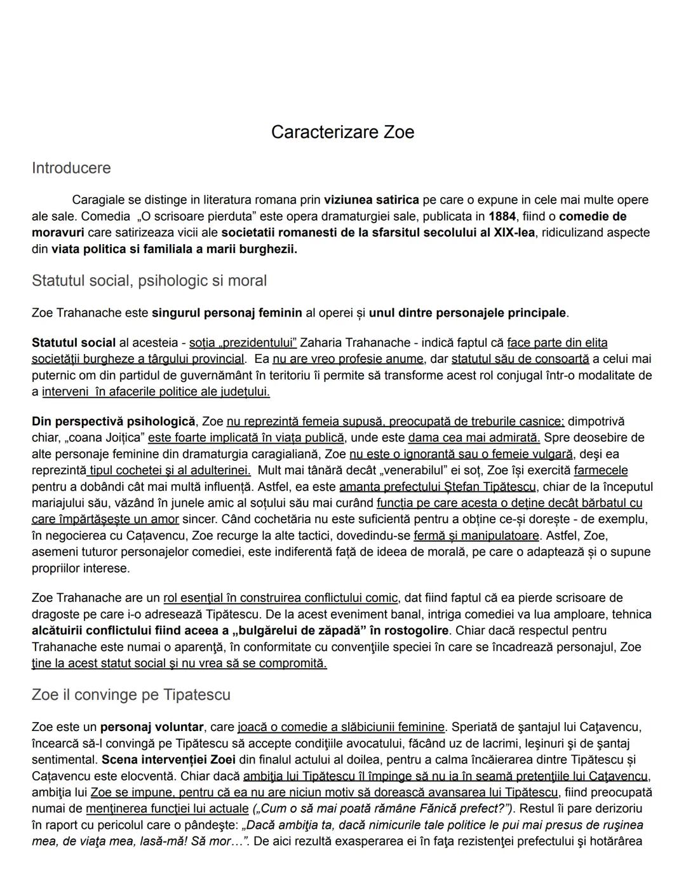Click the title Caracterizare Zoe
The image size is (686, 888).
(342, 132)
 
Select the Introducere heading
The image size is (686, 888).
(71, 168)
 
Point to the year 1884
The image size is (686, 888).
(502, 216)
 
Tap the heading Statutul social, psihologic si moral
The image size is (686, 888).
(149, 281)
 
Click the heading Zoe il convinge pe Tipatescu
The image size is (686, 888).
(131, 695)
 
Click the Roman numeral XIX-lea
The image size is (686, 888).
(514, 233)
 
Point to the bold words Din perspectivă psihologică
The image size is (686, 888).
(113, 421)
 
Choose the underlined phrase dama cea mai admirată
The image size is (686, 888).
(474, 438)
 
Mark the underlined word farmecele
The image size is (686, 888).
(600, 471)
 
